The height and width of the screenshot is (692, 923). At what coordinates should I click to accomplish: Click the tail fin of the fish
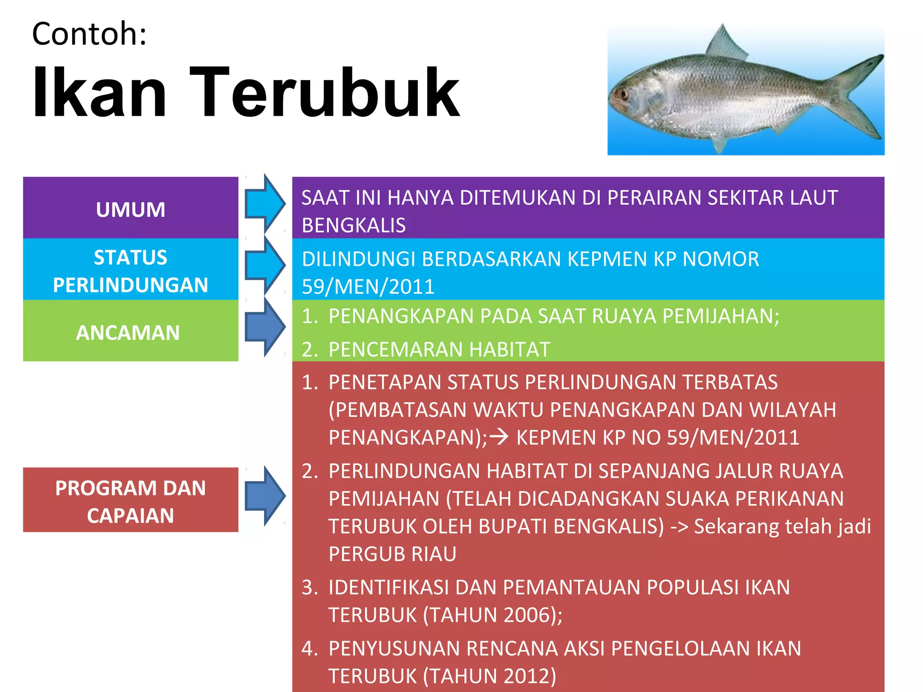859,97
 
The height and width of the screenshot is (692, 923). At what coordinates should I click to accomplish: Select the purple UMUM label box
131,208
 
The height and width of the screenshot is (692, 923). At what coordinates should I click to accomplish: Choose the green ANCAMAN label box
131,331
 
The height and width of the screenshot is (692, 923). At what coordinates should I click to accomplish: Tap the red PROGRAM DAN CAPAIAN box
131,500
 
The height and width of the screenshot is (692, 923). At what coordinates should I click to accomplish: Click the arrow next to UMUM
265,204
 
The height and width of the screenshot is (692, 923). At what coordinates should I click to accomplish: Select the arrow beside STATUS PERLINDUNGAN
265,265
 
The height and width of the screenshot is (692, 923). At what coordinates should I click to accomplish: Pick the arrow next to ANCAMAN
265,327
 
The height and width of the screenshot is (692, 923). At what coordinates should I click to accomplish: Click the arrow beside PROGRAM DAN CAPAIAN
265,496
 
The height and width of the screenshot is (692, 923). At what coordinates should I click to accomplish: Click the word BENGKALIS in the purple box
354,225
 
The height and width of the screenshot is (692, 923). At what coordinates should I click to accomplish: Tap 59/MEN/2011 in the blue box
368,287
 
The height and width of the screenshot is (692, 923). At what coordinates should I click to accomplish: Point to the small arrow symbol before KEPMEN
499,437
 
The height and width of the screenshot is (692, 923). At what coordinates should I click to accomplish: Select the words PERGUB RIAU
393,554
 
